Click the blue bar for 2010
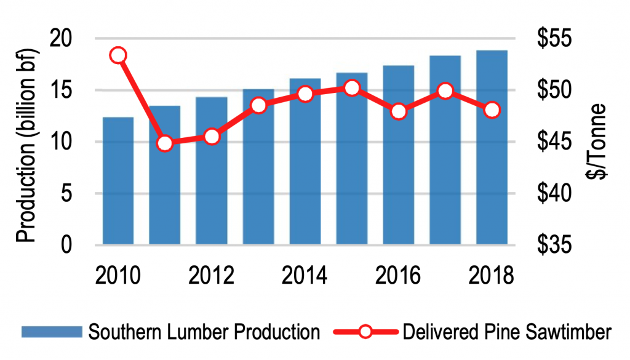coord(118,181)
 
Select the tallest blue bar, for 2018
coord(492,148)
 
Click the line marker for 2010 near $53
coord(118,55)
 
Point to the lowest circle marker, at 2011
coord(164,143)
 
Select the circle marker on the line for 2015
coord(352,88)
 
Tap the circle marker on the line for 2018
coord(492,110)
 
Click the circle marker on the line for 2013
coord(258,105)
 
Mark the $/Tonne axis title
coord(595,141)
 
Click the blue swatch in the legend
coord(52,333)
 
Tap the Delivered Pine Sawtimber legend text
coord(506,333)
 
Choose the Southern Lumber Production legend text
coord(204,333)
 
